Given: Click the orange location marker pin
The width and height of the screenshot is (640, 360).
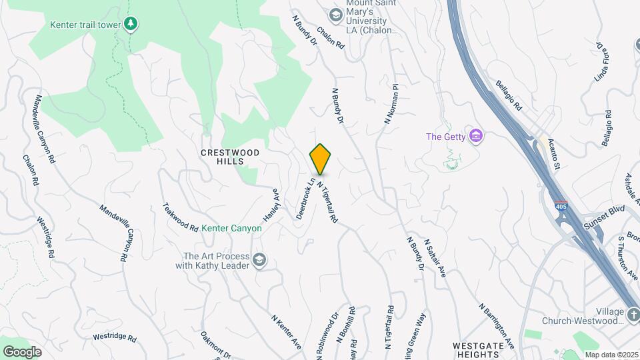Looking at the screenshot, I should (x=320, y=159).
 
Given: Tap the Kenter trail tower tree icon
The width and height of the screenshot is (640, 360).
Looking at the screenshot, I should (x=131, y=25).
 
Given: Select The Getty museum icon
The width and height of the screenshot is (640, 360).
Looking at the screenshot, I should (x=475, y=137).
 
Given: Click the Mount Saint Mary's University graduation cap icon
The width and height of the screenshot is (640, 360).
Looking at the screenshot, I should (x=336, y=14).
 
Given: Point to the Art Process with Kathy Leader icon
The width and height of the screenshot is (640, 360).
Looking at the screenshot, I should (x=259, y=260).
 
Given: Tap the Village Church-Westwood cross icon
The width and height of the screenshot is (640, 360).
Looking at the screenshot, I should (x=633, y=313).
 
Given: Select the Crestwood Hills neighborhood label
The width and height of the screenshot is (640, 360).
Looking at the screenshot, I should (x=230, y=157).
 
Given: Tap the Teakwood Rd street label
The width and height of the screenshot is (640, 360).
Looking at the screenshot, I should (x=181, y=217).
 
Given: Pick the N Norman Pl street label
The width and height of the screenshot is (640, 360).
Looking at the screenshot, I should (x=391, y=103).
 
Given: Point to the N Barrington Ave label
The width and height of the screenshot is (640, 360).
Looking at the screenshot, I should (x=497, y=326).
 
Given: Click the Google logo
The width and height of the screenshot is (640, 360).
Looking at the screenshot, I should (x=22, y=351).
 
